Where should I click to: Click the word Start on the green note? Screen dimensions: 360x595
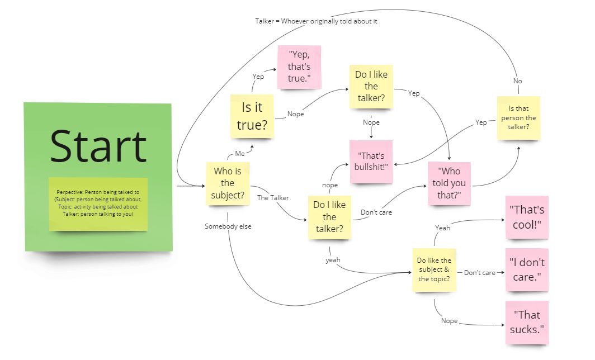point(98,146)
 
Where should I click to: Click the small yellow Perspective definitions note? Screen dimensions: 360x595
point(98,203)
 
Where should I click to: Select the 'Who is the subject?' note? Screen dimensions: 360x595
point(227,183)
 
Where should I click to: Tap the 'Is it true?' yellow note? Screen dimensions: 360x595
point(252,116)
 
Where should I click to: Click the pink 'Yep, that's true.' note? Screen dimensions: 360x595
point(299,67)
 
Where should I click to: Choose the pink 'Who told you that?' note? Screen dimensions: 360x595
point(448,183)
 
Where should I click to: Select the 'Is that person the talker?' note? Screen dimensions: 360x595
point(518,118)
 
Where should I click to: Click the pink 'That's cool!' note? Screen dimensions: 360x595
point(526,217)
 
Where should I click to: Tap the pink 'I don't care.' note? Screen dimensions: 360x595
point(526,269)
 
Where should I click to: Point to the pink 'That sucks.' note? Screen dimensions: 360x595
point(526,323)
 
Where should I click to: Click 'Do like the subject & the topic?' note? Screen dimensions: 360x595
point(434,269)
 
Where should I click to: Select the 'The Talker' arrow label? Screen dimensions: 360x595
point(273,198)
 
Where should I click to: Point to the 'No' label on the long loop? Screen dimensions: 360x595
point(517,81)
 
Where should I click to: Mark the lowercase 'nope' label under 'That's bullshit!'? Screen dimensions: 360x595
point(329,184)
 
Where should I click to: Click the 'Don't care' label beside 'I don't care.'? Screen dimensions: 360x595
point(480,273)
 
